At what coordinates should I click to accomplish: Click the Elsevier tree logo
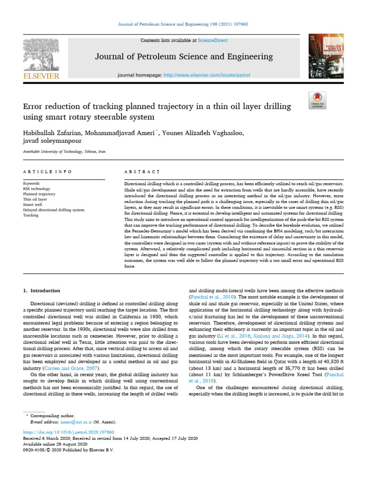pos(41,55)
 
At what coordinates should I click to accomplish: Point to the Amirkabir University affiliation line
pos(65,151)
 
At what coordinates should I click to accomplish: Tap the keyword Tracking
pos(31,215)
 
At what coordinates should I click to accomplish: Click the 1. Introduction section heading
pos(42,290)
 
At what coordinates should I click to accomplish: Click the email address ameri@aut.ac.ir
pos(75,422)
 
